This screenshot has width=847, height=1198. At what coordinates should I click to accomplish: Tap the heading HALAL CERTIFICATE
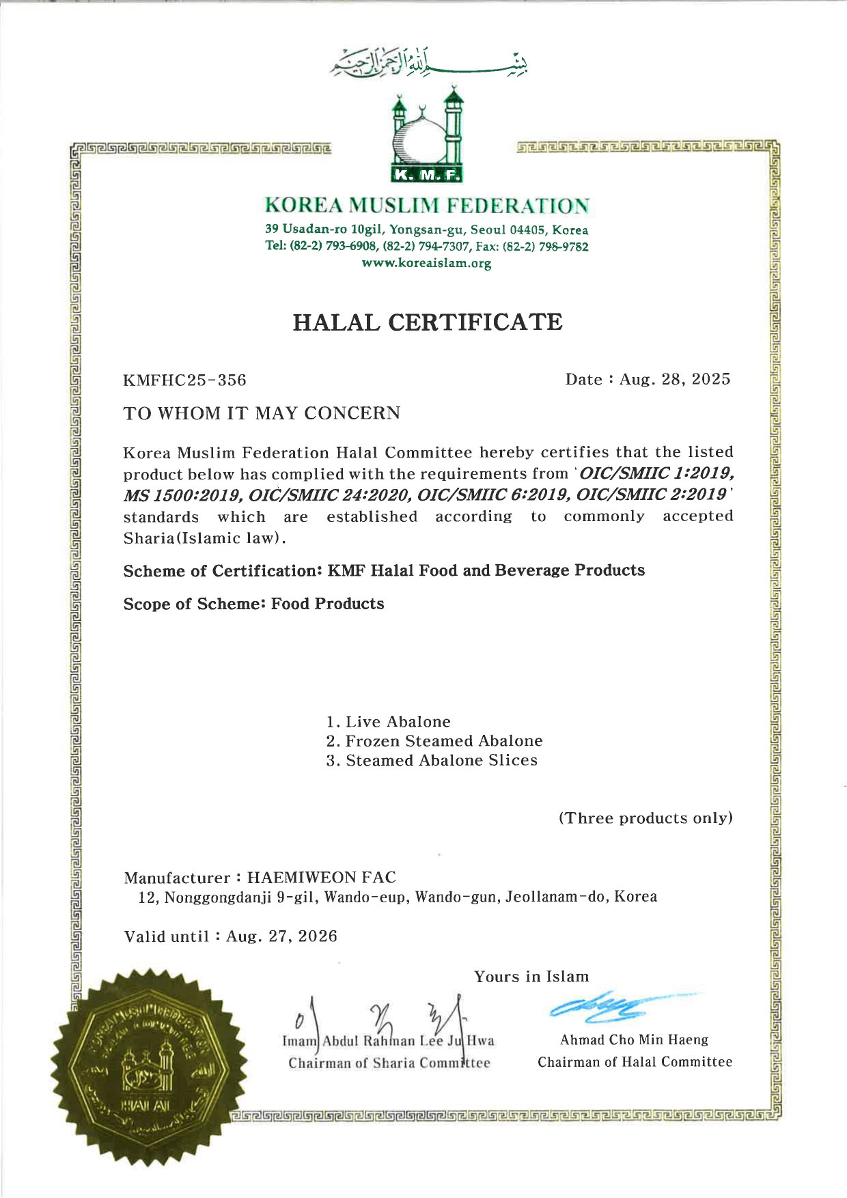click(428, 322)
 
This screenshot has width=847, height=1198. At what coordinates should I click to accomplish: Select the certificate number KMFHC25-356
click(184, 380)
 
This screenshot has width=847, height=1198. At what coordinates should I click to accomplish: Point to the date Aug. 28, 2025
click(674, 379)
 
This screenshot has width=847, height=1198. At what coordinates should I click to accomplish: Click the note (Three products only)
click(645, 818)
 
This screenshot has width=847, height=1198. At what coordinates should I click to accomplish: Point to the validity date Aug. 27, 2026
click(281, 936)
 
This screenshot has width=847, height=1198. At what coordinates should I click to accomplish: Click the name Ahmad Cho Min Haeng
click(634, 1040)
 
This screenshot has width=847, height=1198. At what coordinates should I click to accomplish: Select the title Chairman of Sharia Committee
click(389, 1063)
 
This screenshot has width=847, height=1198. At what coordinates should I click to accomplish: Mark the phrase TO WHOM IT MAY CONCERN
click(262, 414)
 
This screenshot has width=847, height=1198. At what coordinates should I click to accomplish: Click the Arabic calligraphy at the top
click(429, 61)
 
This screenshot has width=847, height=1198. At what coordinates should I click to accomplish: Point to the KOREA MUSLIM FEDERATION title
click(427, 205)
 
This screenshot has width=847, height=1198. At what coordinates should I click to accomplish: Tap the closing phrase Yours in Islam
click(531, 977)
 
